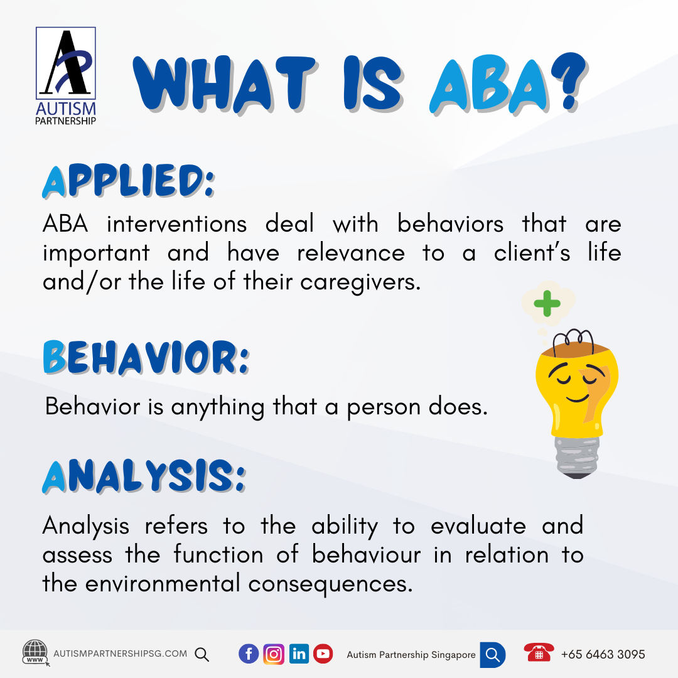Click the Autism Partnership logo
66,75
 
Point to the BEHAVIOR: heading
146,358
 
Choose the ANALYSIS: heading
144,478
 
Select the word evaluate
480,526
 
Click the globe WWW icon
35,653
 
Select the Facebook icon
249,654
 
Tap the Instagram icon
274,654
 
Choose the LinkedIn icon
299,654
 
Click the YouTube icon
323,654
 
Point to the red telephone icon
539,653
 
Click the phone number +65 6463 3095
603,654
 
